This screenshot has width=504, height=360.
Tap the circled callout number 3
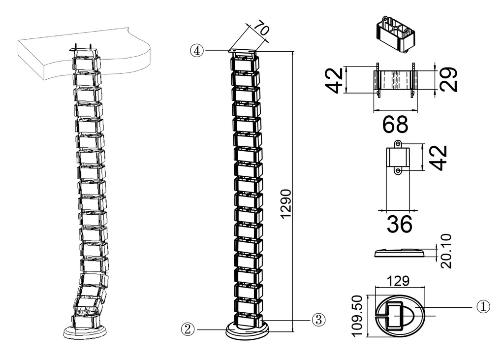[318, 319]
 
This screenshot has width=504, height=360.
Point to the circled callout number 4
[197, 50]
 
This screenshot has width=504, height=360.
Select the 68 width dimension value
[395, 125]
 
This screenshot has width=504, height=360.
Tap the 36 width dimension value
[399, 225]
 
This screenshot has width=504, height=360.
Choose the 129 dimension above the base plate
[398, 281]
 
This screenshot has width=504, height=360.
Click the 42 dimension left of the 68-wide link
[335, 80]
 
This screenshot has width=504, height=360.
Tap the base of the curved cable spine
[85, 331]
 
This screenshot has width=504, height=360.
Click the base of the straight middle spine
[248, 330]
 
